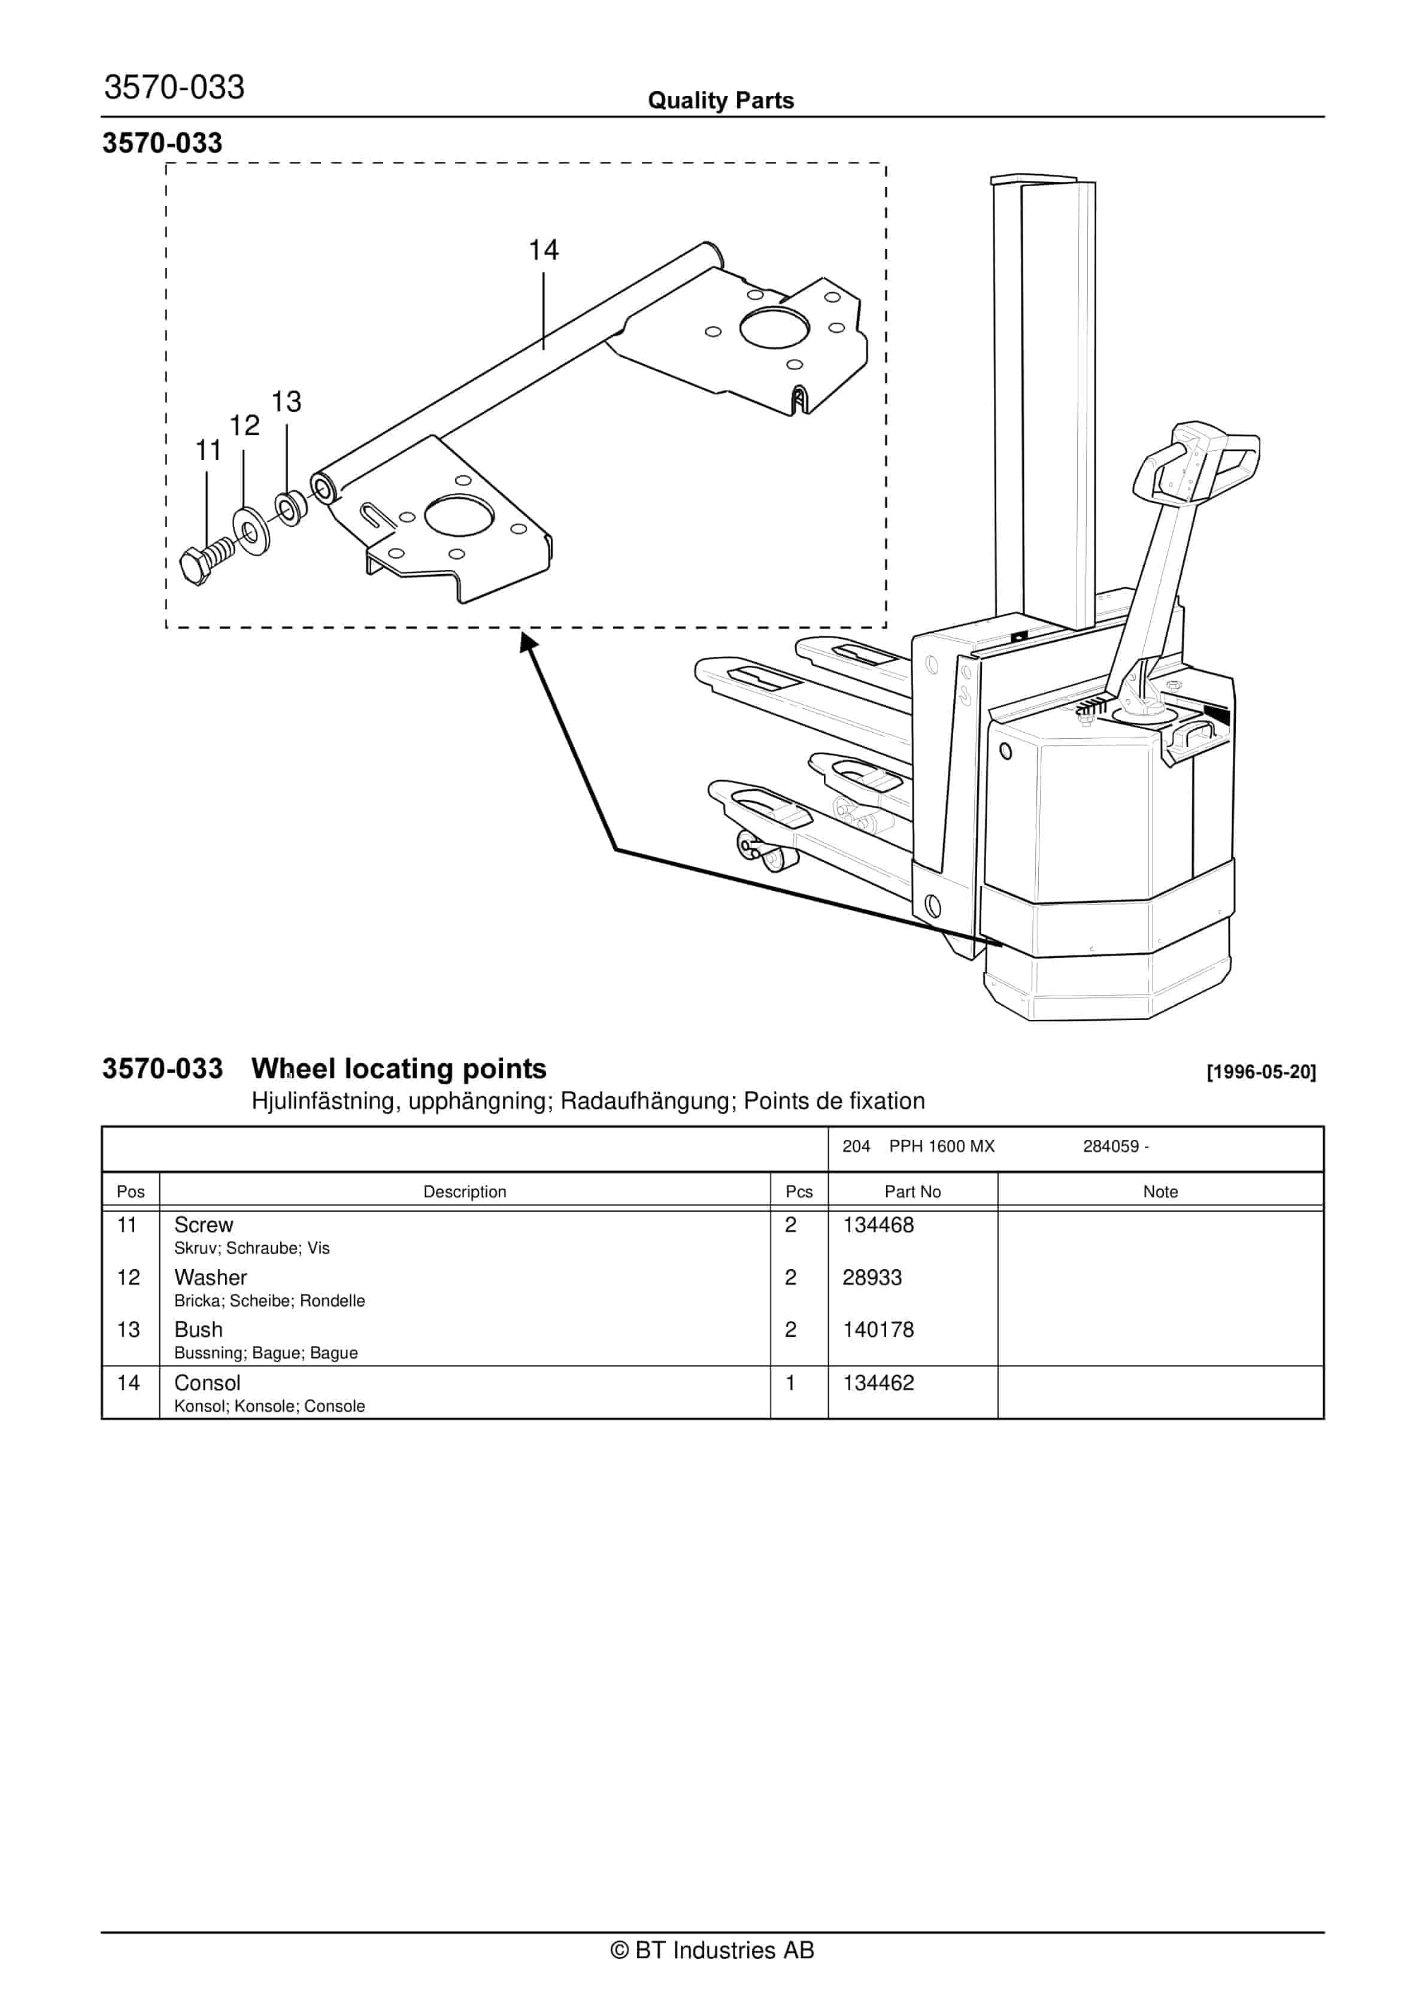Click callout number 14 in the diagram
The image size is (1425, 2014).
[x=543, y=251]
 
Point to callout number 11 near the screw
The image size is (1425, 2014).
[x=208, y=451]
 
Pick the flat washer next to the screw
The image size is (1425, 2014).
[x=252, y=530]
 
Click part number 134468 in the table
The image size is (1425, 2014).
[x=878, y=1226]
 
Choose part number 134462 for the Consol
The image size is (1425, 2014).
[x=878, y=1384]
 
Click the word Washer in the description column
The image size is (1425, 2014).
[x=211, y=1278]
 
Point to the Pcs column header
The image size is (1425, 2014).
[x=799, y=1192]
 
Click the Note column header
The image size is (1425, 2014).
[x=1159, y=1192]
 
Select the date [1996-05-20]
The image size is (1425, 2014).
[x=1261, y=1072]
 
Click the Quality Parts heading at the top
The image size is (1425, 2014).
[x=720, y=101]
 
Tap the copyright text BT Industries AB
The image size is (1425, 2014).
[x=712, y=1950]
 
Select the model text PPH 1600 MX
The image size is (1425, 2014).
[x=941, y=1146]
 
